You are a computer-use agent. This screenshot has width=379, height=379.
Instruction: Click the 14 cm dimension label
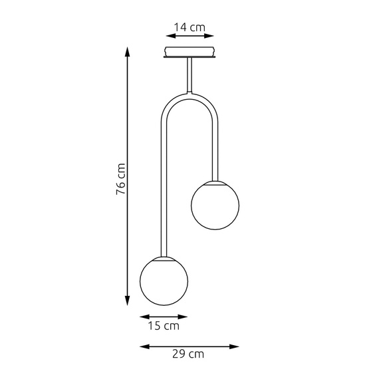coord(189,27)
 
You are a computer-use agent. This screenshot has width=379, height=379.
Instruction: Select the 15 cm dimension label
coord(164,326)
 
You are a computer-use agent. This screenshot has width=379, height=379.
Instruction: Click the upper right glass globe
coord(215,204)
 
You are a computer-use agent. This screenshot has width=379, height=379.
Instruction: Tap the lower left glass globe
coord(164,280)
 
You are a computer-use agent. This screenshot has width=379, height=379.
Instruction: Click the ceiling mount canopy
coord(189,53)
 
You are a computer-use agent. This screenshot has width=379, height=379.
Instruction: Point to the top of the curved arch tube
coord(190,94)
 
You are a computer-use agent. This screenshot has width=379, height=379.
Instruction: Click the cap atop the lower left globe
coord(163,256)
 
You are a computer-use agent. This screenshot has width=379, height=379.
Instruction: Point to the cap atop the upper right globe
coord(215,180)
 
